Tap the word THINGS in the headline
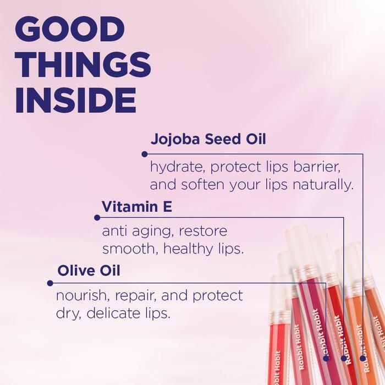[83, 65]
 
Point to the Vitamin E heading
[137, 207]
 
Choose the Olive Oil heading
[89, 271]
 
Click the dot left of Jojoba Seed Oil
[144, 154]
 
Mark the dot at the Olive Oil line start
[50, 283]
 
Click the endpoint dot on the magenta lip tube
[326, 358]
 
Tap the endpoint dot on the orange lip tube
[362, 358]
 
